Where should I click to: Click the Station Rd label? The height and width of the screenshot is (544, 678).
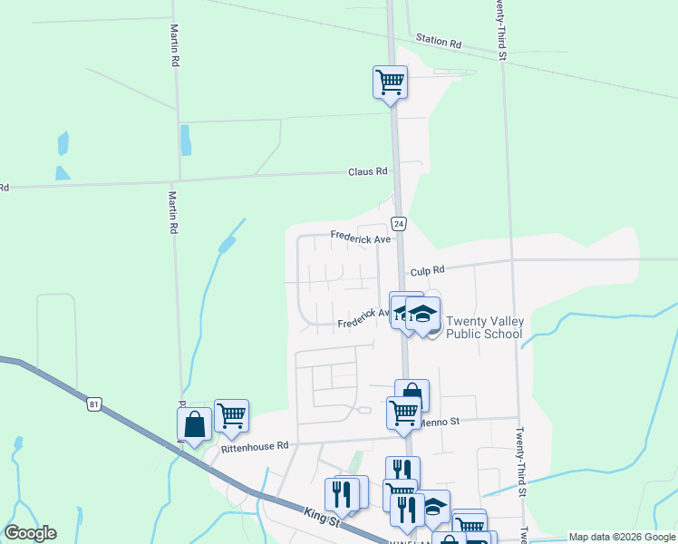[x=439, y=43]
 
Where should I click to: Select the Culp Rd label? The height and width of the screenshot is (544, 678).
[x=427, y=270]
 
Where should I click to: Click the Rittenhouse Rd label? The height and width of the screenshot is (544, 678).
[x=255, y=445]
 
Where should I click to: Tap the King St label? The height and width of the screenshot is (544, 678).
[x=322, y=516]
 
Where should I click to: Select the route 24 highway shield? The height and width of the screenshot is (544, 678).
[x=399, y=223]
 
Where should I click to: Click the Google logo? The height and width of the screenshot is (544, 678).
[x=30, y=533]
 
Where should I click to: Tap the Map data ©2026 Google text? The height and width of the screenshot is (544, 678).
[x=622, y=537]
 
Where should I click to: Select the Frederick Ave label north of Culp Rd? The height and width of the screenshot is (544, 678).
[x=360, y=238]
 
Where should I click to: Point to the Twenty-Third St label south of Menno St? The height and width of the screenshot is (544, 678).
[x=522, y=462]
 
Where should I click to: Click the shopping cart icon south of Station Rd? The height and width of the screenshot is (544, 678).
[x=390, y=82]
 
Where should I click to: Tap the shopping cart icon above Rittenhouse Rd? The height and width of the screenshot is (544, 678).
[x=231, y=415]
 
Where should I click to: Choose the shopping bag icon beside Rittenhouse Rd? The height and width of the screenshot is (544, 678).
[x=195, y=423]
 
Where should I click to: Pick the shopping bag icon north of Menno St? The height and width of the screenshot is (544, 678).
[x=412, y=394]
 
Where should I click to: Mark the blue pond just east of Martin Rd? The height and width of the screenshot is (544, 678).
[x=186, y=139]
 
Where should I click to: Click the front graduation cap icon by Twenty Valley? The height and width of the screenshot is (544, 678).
[x=422, y=315]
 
